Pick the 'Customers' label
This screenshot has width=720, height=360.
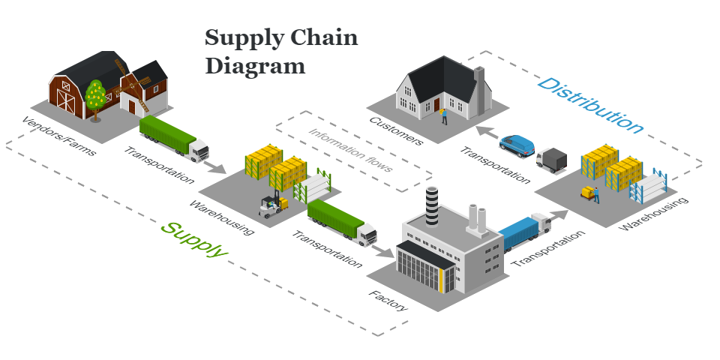pos(396,130)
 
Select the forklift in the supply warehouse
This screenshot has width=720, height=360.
pos(272,205)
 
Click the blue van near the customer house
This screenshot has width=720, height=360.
pos(517,145)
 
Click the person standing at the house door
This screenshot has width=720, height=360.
pos(444,115)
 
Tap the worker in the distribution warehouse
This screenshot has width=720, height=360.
pos(595,193)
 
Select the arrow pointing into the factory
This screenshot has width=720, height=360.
pos(385,252)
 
